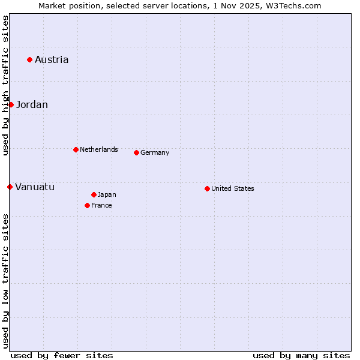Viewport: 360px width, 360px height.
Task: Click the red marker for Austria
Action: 29,59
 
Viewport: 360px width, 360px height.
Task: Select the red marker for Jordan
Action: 11,104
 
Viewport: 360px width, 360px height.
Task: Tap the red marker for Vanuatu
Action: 10,187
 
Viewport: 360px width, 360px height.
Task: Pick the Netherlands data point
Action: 76,149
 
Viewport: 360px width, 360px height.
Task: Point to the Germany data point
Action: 136,152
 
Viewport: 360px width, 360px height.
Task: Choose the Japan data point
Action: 94,194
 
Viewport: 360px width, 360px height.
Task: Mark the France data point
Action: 87,205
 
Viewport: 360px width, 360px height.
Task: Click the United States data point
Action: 207,188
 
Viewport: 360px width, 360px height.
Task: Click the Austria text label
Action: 52,59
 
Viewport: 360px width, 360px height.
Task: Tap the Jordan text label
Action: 32,104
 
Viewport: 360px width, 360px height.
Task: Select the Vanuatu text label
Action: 35,187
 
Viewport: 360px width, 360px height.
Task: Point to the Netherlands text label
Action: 99,149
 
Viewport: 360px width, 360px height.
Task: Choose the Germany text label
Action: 155,152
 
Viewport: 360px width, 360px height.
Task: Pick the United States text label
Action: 233,188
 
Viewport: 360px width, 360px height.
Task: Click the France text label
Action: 101,205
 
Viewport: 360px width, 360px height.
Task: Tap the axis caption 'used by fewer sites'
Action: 62,355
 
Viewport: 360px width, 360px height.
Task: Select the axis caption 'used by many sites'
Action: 301,355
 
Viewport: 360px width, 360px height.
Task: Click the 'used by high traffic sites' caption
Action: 5,85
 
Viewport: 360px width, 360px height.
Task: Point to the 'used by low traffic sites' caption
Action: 5,281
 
